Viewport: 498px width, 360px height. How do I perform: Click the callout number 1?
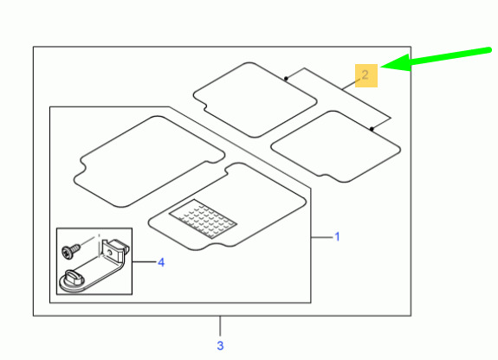pos(337,236)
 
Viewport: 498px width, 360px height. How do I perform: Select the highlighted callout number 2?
pos(365,75)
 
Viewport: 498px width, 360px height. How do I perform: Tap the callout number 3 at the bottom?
pos(220,345)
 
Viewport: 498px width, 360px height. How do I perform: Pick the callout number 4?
pos(161,262)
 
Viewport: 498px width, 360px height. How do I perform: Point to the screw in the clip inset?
pos(71,251)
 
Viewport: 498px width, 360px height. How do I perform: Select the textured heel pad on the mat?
pos(203,219)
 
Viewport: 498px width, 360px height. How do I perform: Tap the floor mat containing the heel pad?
pos(228,207)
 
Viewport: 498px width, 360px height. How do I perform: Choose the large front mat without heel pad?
pos(149,162)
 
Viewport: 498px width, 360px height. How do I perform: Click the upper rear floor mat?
pos(255,100)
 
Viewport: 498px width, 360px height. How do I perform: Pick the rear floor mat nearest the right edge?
pos(336,146)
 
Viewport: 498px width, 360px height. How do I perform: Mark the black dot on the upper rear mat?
pos(286,79)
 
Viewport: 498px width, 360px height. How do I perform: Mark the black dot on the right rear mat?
pos(372,129)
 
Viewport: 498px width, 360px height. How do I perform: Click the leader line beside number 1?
pos(321,237)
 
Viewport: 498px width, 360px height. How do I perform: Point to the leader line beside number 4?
pos(144,262)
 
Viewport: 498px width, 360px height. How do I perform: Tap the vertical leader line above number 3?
pos(220,326)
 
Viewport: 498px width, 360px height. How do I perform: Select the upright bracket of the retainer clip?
pos(113,250)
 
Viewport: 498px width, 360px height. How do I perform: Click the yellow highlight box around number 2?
pos(366,75)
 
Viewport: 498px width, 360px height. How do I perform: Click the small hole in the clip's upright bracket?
pos(110,252)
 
